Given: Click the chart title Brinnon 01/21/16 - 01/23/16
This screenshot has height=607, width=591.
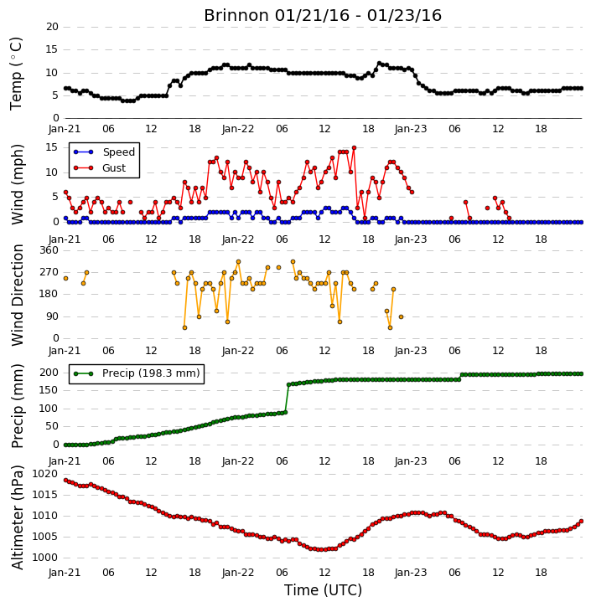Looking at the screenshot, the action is coord(323,15).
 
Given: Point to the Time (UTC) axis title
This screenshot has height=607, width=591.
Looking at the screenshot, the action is coord(323,590).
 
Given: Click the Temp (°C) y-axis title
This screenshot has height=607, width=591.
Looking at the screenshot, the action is coord(16,74).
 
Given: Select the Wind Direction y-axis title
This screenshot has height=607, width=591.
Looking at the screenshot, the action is coord(18,295).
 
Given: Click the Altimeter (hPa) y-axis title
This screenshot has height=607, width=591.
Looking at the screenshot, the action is coord(18,517).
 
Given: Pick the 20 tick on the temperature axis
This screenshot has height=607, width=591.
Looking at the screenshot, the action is coord(52,27).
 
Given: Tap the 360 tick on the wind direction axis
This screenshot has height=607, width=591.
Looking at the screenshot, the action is coord(49,250).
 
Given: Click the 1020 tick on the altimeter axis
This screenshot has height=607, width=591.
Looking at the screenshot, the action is coord(44,474).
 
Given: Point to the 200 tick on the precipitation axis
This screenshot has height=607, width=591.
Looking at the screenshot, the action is coord(49,373).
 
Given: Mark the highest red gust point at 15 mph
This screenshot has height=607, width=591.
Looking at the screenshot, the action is coord(354,148).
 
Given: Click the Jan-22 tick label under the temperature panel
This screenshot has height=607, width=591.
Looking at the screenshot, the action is coord(238,129).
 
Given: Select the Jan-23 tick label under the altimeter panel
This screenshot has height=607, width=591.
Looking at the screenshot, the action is coord(411,573).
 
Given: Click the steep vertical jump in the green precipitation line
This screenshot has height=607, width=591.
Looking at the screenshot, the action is coord(288,399).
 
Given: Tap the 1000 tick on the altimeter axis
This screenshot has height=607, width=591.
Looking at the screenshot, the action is coord(44,558).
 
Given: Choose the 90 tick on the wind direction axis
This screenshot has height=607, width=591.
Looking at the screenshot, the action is coord(52,316).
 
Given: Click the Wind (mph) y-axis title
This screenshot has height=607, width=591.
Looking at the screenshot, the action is coord(18,184).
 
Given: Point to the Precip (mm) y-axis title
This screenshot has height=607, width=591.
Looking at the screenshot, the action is coord(18,406).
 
